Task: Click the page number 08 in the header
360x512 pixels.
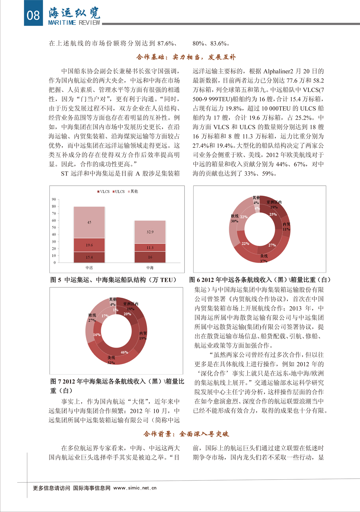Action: pyautogui.click(x=33, y=15)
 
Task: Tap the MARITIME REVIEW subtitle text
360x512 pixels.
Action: pyautogui.click(x=74, y=23)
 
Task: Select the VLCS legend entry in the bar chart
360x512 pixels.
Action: pyautogui.click(x=103, y=192)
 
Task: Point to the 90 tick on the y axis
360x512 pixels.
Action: pyautogui.click(x=54, y=199)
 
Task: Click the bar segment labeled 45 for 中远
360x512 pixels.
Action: pyautogui.click(x=89, y=222)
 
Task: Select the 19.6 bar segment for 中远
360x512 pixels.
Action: pyautogui.click(x=89, y=245)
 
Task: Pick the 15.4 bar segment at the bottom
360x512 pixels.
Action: pyautogui.click(x=89, y=257)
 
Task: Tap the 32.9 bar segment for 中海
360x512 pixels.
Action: pyautogui.click(x=150, y=232)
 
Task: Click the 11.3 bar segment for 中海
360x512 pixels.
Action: pyautogui.click(x=150, y=247)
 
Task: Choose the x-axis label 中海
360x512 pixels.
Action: pyautogui.click(x=150, y=268)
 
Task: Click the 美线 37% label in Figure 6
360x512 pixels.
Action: pyautogui.click(x=264, y=258)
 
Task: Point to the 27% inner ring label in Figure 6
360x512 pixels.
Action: pyautogui.click(x=272, y=245)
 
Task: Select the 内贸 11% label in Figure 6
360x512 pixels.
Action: pyautogui.click(x=286, y=227)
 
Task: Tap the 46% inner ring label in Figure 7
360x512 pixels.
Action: pyautogui.click(x=124, y=352)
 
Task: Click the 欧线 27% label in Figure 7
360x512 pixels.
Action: pyautogui.click(x=92, y=318)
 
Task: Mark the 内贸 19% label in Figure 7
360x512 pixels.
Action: pyautogui.click(x=143, y=336)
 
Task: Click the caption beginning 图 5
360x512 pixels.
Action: pyautogui.click(x=113, y=280)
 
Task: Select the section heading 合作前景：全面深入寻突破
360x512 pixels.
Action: pyautogui.click(x=186, y=434)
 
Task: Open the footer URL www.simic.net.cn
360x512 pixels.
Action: pyautogui.click(x=135, y=488)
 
